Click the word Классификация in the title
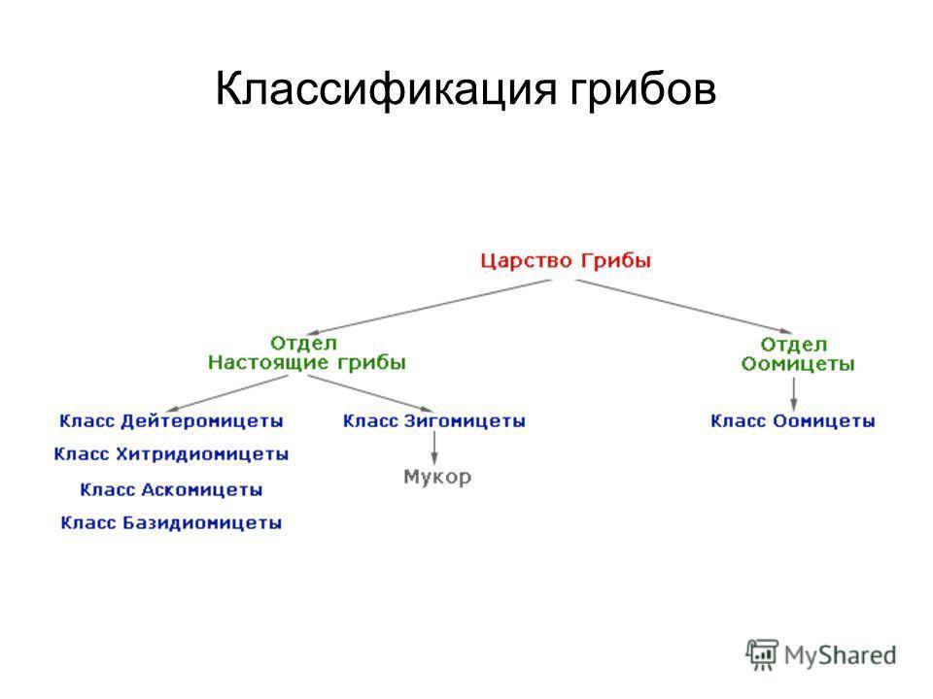coord(386,89)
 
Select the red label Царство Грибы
coord(566,261)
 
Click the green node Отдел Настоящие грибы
coord(306,353)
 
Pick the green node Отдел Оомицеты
coord(797,354)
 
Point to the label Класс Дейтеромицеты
coord(171,420)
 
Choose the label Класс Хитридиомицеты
coord(171,454)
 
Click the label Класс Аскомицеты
coord(171,489)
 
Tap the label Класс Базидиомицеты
coord(171,523)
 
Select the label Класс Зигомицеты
coord(433,420)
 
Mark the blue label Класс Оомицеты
coord(793,420)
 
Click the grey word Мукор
coord(437,477)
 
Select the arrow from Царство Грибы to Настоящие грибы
coord(430,307)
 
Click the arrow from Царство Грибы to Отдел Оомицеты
coord(684,307)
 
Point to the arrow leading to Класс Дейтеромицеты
coord(227,393)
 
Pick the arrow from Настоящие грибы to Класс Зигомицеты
coord(370,393)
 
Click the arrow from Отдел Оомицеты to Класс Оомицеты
coord(793,394)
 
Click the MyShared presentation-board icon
coord(762,654)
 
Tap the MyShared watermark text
coord(840,655)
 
